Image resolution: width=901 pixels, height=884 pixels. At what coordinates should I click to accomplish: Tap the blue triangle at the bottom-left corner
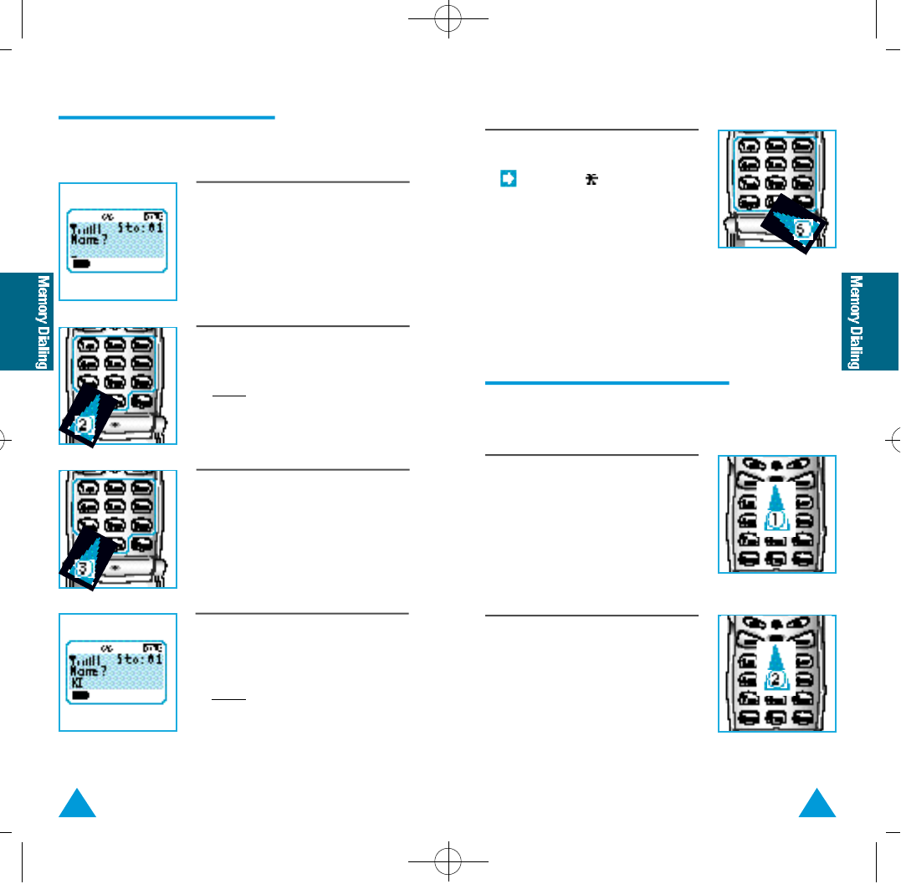[78, 805]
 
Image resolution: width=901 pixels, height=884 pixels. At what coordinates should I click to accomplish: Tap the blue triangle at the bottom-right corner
[817, 805]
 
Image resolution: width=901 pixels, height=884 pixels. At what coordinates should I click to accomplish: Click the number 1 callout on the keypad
[777, 519]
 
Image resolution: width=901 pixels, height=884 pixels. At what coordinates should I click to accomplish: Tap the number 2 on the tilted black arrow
[83, 425]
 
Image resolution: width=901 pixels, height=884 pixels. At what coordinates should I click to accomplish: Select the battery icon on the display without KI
[82, 263]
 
